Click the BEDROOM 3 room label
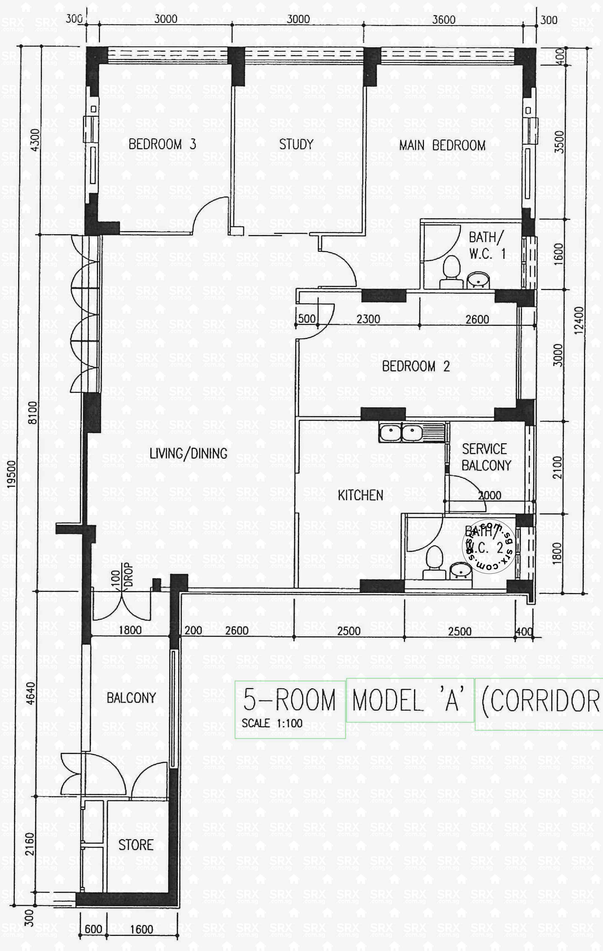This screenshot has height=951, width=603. (162, 144)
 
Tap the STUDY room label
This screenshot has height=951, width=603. (296, 144)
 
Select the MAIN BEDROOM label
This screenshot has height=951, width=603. (442, 145)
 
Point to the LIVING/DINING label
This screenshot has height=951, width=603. (188, 453)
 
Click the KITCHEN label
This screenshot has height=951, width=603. (360, 495)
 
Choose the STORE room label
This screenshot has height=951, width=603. (136, 845)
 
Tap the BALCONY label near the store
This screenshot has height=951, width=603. (132, 698)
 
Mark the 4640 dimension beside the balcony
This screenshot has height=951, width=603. (30, 693)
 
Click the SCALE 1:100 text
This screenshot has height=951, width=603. (272, 723)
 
